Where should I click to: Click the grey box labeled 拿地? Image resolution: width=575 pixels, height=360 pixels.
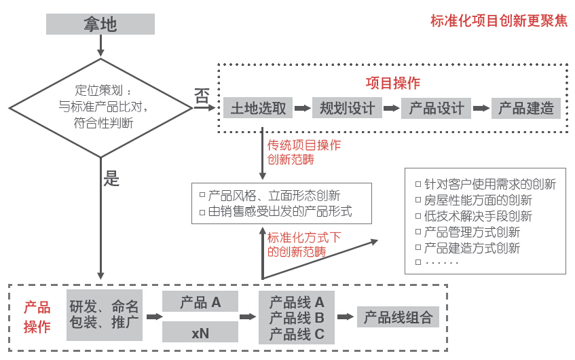100,24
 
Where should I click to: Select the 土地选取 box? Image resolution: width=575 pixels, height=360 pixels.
259,108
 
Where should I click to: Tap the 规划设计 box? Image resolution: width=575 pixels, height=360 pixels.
347,108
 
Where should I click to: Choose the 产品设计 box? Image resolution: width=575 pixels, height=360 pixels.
437,108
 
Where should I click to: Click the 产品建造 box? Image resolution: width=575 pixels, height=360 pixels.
526,108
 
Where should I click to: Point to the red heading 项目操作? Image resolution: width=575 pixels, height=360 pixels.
392,84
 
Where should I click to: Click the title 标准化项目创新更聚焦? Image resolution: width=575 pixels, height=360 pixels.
499,20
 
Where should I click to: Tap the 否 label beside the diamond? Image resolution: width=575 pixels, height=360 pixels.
202,96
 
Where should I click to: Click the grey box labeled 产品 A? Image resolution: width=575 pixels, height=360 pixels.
200,302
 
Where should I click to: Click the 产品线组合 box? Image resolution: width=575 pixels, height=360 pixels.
398,317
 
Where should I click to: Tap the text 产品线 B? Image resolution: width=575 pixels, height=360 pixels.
297,318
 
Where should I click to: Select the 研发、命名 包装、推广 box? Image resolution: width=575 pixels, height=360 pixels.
105,315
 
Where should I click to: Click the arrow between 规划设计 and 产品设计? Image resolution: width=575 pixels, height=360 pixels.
392,108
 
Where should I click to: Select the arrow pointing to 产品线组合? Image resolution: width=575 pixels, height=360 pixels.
346,317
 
